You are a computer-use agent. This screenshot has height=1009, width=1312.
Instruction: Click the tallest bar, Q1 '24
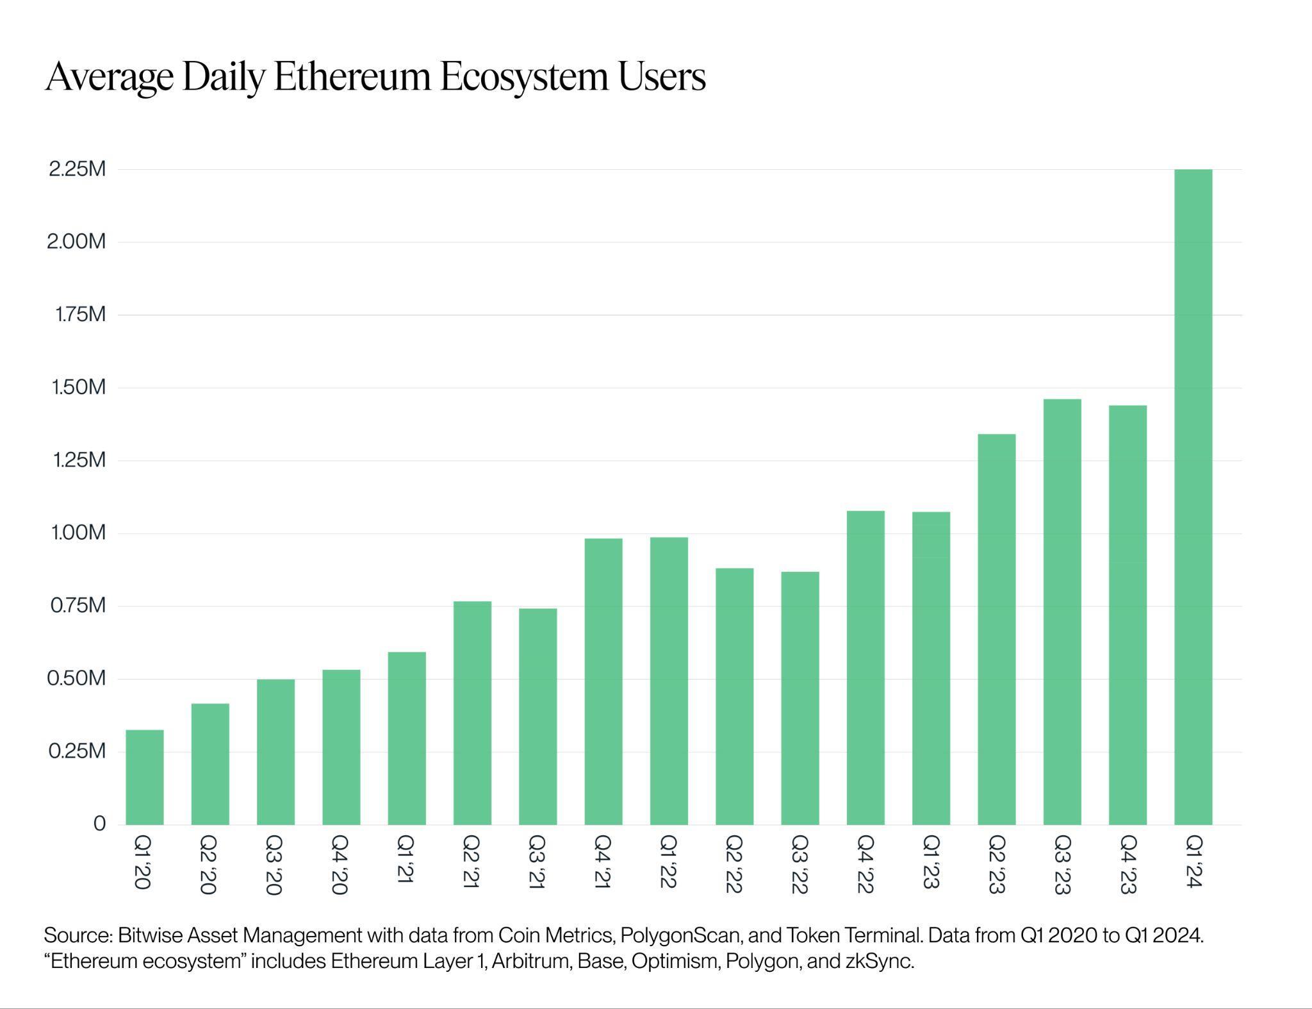click(x=1193, y=497)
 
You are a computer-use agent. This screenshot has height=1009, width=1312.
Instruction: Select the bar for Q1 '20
click(x=145, y=777)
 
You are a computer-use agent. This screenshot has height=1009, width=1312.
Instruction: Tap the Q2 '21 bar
click(x=472, y=713)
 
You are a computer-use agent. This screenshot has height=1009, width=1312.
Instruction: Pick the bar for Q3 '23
click(x=1062, y=612)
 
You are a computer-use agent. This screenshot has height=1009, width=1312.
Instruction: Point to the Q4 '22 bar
click(x=865, y=667)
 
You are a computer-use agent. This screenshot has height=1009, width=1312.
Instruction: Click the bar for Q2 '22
click(x=734, y=696)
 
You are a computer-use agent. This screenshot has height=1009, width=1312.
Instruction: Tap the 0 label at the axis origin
click(x=99, y=824)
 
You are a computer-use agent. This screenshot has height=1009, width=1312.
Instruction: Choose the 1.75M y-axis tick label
click(x=79, y=315)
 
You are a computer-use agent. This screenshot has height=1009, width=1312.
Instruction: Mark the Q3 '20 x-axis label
click(x=274, y=864)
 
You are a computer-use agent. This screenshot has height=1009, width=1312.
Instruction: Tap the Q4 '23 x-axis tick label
click(x=1127, y=864)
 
